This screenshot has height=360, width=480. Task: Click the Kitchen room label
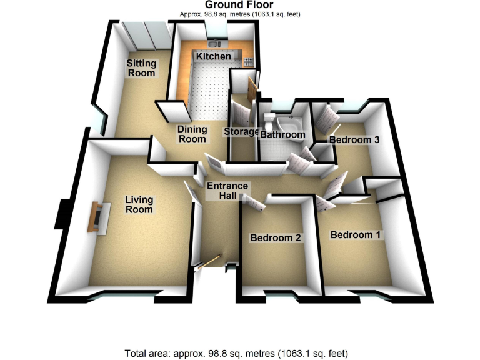tap(214, 57)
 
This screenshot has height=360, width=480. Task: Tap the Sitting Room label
tap(141, 68)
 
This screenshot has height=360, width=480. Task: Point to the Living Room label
tap(139, 205)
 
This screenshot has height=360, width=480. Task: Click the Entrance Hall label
tap(227, 191)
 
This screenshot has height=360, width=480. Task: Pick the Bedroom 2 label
tap(276, 238)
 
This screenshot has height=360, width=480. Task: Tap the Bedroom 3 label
tap(354, 140)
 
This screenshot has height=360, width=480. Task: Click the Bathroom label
tap(282, 134)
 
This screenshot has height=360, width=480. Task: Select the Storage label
tap(241, 132)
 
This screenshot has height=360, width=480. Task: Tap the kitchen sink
tap(214, 44)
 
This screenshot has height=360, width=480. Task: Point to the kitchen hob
tap(249, 61)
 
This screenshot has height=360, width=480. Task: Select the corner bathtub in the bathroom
tap(291, 121)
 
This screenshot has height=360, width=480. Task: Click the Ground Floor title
tap(240, 6)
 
